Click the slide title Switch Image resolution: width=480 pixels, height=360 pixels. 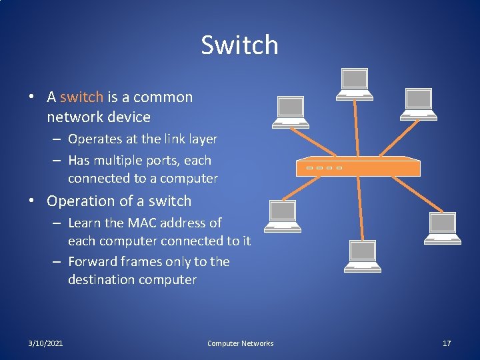(239, 45)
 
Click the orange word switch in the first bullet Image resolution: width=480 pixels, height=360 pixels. (81, 97)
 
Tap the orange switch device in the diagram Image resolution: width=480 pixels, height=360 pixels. (358, 167)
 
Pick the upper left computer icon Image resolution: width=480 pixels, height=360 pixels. (291, 111)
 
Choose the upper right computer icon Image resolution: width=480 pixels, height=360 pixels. (418, 103)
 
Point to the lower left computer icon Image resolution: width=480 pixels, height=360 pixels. (282, 215)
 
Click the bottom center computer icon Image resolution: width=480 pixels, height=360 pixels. (362, 256)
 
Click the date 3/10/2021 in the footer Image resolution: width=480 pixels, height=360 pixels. (46, 343)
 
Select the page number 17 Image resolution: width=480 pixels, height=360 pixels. (447, 343)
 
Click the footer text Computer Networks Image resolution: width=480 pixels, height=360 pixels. (240, 343)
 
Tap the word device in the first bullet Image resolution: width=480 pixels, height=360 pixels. (131, 117)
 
